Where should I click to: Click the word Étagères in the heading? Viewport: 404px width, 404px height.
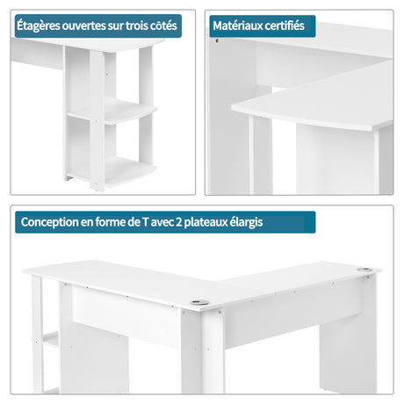click(x=39, y=25)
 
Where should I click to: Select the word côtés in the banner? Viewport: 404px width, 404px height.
click(x=163, y=25)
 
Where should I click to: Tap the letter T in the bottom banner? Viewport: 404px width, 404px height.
click(x=145, y=222)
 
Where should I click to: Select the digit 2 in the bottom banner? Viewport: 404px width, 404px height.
click(x=179, y=222)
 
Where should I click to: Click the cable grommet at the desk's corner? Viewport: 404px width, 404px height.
click(x=199, y=302)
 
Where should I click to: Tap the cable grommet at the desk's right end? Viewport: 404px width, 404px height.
click(x=364, y=270)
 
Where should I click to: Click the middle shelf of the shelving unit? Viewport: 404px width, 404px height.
click(x=112, y=112)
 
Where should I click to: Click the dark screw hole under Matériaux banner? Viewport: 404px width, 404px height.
click(x=217, y=40)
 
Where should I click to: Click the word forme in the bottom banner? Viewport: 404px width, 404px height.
click(x=111, y=222)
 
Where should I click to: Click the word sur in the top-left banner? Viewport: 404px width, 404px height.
click(x=116, y=26)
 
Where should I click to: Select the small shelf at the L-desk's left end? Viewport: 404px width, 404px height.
click(x=51, y=340)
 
